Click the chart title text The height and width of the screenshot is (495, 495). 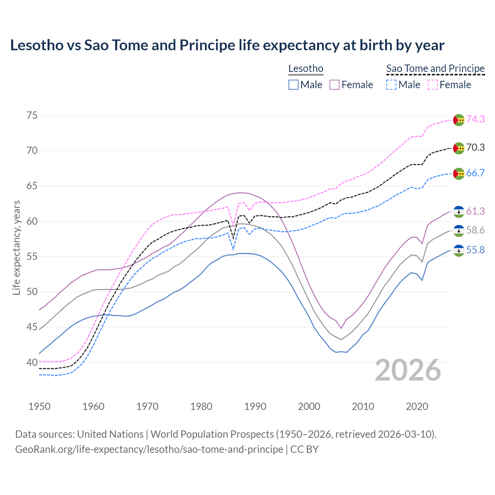click(x=227, y=45)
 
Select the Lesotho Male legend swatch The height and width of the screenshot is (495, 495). click(x=294, y=85)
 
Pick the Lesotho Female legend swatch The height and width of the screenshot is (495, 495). click(x=335, y=85)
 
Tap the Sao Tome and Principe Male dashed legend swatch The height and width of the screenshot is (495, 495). click(x=391, y=85)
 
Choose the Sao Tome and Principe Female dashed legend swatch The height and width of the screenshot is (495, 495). click(x=433, y=85)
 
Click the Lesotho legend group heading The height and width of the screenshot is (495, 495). click(x=306, y=68)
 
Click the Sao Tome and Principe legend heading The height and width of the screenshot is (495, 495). click(x=435, y=68)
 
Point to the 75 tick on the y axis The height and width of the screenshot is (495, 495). click(x=32, y=115)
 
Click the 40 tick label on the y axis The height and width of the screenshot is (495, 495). click(x=32, y=362)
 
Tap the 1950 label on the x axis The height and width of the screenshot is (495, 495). click(x=39, y=406)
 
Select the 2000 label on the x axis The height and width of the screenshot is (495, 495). click(x=309, y=406)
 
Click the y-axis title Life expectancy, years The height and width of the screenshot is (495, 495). click(x=16, y=247)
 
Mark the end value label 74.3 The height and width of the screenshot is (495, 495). click(x=475, y=119)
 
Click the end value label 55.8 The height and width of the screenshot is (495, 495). click(x=475, y=250)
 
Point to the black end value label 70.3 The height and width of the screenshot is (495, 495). click(x=475, y=147)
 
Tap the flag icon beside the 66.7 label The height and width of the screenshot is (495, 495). click(x=459, y=174)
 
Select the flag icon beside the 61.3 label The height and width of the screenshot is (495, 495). click(x=459, y=212)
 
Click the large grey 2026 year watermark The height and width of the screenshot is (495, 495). click(x=408, y=370)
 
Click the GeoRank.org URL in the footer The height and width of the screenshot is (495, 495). click(x=149, y=449)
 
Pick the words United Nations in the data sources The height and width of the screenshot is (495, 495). click(x=110, y=434)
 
